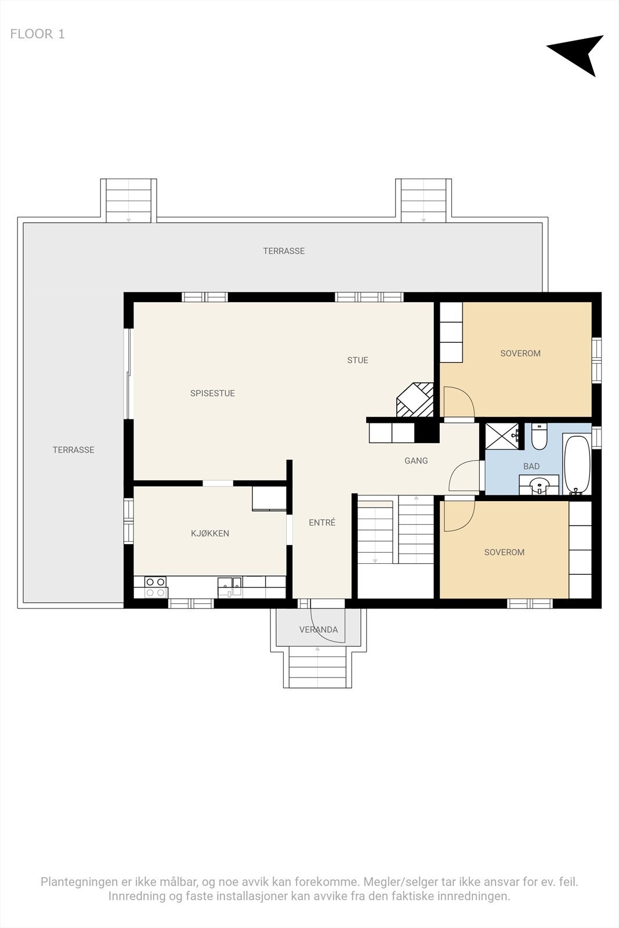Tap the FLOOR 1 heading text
tap(37, 34)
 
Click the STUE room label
tap(357, 360)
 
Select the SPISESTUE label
tap(212, 393)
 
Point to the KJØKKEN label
tap(210, 533)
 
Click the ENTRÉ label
tap(322, 523)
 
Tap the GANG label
tap(416, 461)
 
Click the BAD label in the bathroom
tap(531, 466)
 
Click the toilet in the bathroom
tap(539, 437)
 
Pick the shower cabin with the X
tap(502, 436)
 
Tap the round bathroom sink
tap(539, 485)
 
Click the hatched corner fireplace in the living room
tap(415, 400)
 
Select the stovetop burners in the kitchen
tap(155, 588)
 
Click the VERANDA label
tap(318, 629)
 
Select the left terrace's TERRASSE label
tap(73, 449)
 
